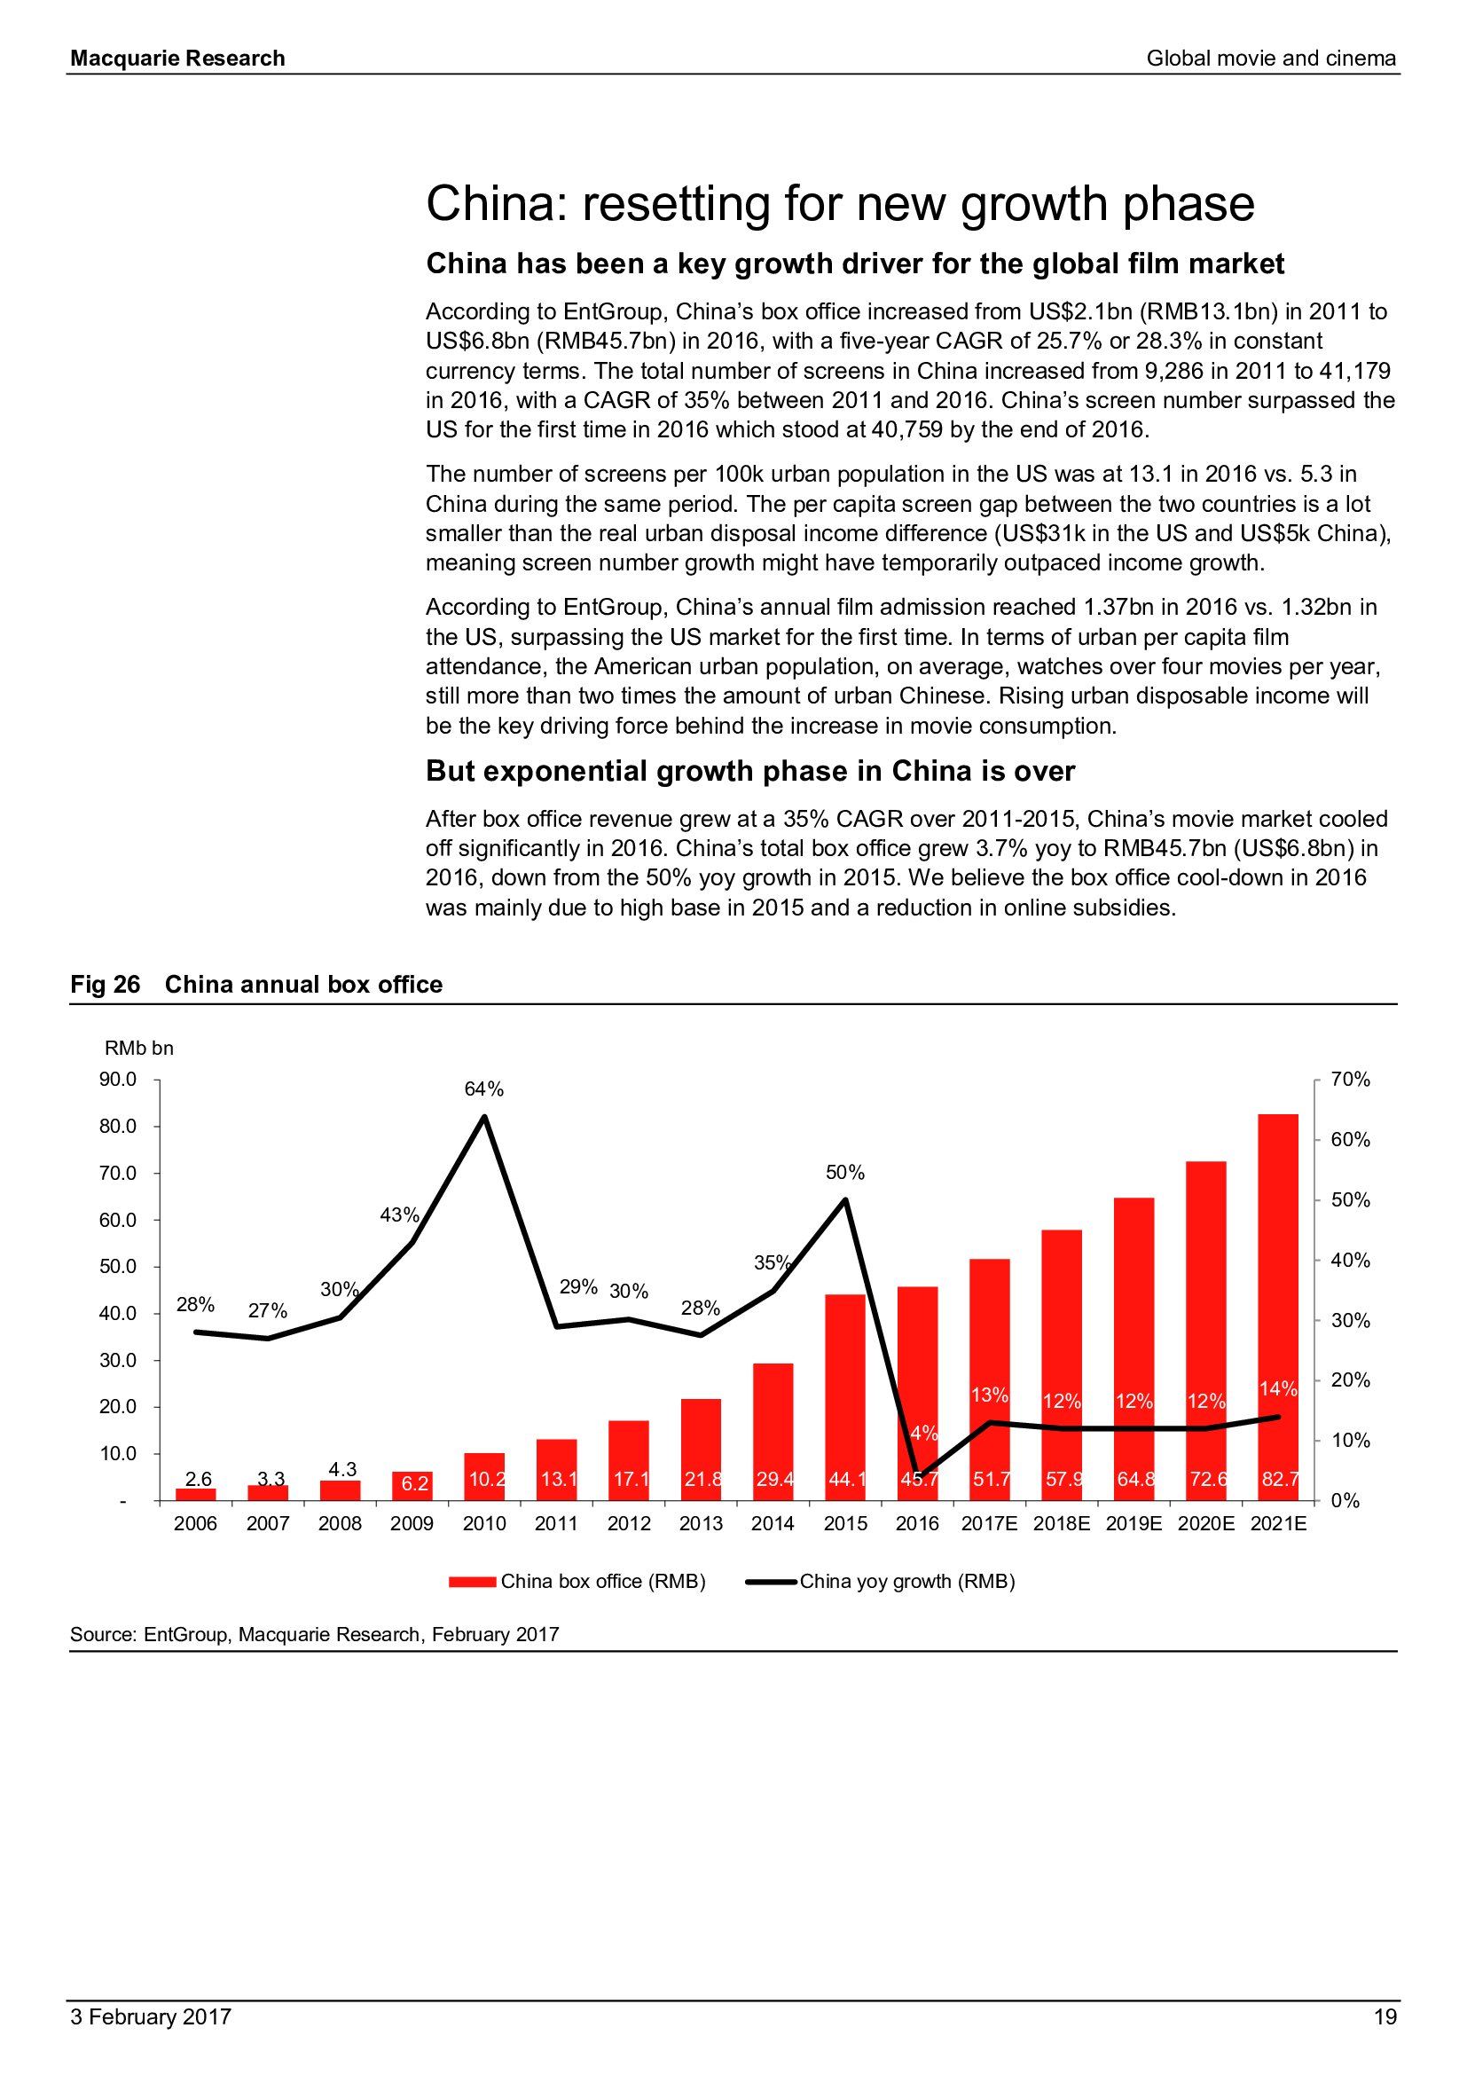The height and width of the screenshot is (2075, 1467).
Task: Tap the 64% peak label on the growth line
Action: click(484, 1089)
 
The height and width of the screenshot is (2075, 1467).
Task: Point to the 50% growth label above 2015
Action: click(844, 1172)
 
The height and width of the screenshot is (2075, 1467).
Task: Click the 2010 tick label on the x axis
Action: click(484, 1523)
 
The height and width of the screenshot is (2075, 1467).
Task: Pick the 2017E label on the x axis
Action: click(989, 1523)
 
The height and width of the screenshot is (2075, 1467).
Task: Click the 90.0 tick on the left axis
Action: click(118, 1079)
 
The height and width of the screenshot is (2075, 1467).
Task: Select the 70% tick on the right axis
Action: click(1351, 1079)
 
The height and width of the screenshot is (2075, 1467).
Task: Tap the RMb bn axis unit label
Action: click(139, 1048)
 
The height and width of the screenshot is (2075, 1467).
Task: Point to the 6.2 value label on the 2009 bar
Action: click(414, 1483)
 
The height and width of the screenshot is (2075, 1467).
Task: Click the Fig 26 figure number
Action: click(105, 984)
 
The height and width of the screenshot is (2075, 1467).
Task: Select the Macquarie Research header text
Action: click(178, 59)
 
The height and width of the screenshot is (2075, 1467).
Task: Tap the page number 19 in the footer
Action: click(1385, 2016)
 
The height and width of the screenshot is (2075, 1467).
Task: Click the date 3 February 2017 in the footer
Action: click(151, 2016)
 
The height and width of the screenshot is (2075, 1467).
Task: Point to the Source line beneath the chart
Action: click(314, 1634)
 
